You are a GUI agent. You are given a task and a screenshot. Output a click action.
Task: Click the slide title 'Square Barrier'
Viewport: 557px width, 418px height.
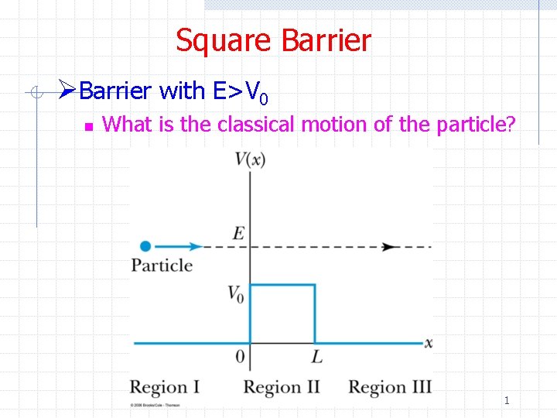point(273,40)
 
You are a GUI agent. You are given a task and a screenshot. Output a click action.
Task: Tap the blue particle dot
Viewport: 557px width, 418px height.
point(145,246)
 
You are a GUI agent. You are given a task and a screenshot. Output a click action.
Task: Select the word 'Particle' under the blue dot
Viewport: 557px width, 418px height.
point(162,266)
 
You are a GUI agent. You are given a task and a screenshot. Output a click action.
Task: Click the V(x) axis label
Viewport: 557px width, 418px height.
point(250,159)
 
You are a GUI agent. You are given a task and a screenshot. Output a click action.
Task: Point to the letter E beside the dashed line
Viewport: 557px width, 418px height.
point(240,233)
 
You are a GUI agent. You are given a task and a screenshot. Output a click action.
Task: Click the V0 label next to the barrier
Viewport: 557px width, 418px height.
point(236,293)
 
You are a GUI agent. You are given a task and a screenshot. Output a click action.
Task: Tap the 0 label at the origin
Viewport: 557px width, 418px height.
point(241,357)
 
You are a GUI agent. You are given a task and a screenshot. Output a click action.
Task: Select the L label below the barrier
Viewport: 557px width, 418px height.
point(316,357)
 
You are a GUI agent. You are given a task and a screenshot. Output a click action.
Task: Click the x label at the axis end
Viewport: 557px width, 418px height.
point(429,342)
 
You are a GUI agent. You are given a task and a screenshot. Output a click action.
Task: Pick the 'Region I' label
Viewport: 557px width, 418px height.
point(165,387)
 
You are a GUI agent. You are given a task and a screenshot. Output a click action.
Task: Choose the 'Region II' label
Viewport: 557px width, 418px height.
point(282,387)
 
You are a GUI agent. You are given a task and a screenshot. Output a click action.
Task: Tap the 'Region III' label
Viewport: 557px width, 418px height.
point(390,387)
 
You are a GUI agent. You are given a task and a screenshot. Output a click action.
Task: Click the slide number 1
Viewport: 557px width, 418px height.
point(507,400)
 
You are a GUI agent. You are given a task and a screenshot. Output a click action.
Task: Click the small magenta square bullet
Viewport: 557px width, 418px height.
point(88,125)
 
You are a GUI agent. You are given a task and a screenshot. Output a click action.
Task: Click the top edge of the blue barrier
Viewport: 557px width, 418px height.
point(282,285)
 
